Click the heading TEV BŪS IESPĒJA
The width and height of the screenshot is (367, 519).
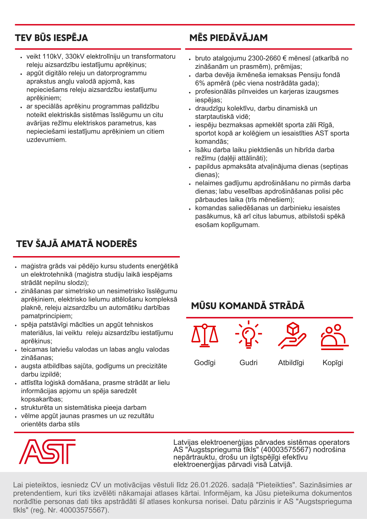click(x=51, y=38)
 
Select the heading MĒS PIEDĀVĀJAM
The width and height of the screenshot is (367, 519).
click(x=228, y=38)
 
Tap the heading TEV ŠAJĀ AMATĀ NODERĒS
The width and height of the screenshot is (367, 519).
click(x=77, y=244)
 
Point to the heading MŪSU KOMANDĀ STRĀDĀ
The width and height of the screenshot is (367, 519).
click(x=248, y=306)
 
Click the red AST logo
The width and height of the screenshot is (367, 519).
click(x=47, y=452)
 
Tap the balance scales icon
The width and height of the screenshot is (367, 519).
click(x=205, y=335)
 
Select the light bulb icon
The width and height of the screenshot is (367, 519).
click(x=248, y=334)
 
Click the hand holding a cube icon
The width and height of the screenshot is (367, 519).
click(x=292, y=335)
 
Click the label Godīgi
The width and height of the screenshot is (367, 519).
click(x=205, y=363)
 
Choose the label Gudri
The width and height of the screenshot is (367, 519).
click(x=248, y=363)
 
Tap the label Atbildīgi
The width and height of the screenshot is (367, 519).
click(x=291, y=363)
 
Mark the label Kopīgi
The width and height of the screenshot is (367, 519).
click(x=333, y=363)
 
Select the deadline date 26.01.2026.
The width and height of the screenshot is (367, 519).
click(x=209, y=485)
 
